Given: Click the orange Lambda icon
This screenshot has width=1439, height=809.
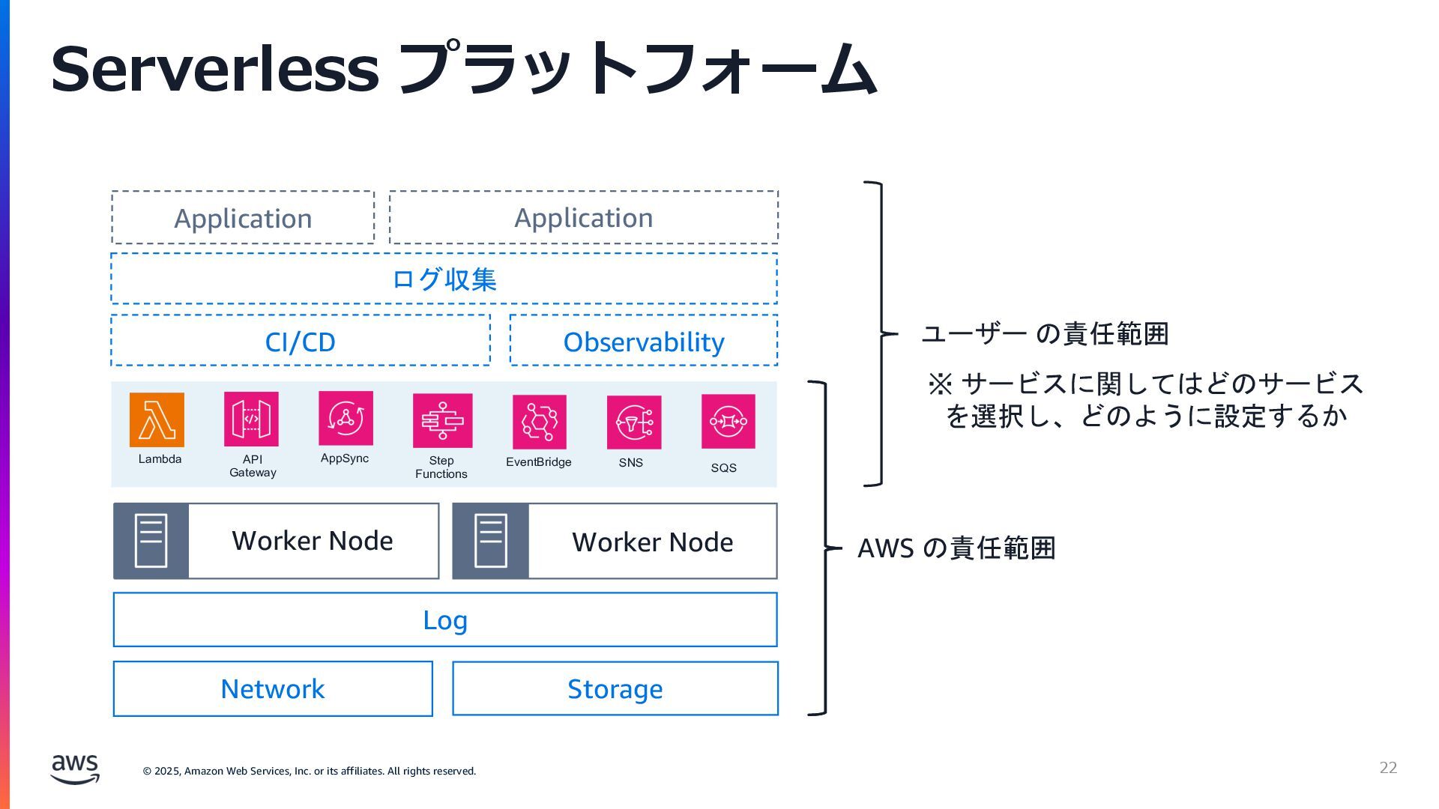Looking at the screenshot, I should click(x=157, y=419).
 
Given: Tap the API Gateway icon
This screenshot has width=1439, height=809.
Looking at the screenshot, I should click(x=251, y=419).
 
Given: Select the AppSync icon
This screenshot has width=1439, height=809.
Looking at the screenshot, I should click(x=346, y=418).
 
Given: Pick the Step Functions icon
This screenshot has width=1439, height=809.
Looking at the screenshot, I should click(x=442, y=420).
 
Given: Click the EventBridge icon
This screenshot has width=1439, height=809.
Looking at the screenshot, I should click(x=540, y=422).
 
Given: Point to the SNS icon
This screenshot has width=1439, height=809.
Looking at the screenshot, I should click(x=634, y=422).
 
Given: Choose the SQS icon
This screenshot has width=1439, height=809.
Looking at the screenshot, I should click(x=728, y=421).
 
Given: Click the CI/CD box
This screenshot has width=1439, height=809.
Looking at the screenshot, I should click(x=301, y=341).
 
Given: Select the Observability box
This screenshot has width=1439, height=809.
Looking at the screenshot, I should click(x=644, y=341).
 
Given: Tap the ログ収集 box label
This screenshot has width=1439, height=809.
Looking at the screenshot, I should click(x=444, y=279).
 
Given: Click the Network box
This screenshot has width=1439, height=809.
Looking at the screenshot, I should click(x=273, y=688).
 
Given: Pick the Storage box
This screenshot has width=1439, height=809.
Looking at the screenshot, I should click(x=615, y=688).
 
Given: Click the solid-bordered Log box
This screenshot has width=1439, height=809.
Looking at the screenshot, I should click(x=445, y=619).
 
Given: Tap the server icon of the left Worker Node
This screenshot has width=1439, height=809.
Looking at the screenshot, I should click(x=151, y=541).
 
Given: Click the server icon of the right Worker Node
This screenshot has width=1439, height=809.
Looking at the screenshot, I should click(x=491, y=541).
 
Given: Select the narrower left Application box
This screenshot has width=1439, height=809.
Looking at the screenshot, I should click(x=243, y=218).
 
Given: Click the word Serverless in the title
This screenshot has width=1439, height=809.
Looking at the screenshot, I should click(x=215, y=69).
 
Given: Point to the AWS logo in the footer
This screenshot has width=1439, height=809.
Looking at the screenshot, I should click(x=75, y=769).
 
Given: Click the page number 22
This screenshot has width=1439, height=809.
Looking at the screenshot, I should click(x=1388, y=768).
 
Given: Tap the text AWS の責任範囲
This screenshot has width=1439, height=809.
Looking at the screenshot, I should click(x=956, y=548).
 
